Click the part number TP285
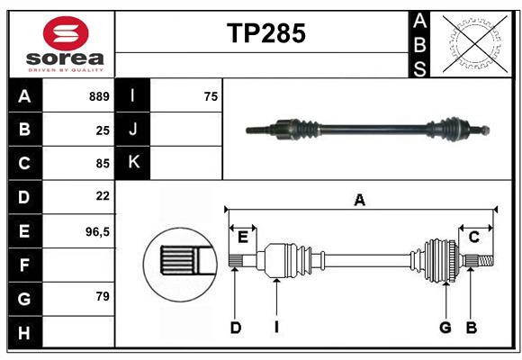click(x=265, y=33)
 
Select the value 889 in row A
click(x=98, y=96)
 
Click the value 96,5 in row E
click(x=97, y=231)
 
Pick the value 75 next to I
click(x=211, y=96)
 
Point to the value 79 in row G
click(x=102, y=297)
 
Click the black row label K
click(x=133, y=163)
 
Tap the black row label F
click(x=24, y=265)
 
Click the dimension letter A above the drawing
click(x=359, y=200)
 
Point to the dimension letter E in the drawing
click(x=242, y=237)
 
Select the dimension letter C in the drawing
click(x=473, y=237)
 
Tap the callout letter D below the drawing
click(x=235, y=328)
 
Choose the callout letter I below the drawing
click(x=276, y=328)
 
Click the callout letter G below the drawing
click(x=445, y=328)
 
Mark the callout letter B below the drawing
click(x=470, y=328)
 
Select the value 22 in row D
click(x=102, y=195)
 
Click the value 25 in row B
click(x=102, y=130)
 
